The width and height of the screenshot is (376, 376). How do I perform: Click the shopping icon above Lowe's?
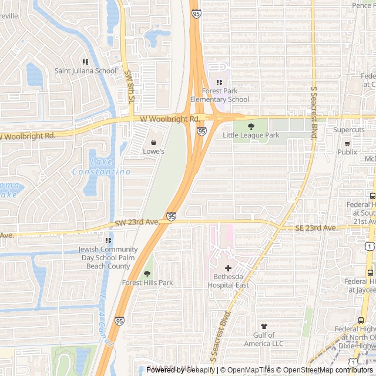154,142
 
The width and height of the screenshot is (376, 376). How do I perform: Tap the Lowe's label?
154,152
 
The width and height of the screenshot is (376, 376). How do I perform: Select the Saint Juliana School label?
85,71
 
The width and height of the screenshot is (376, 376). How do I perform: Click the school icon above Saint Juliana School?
85,62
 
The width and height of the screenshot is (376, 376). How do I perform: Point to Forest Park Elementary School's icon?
220,82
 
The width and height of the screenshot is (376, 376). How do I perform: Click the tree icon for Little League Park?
251,126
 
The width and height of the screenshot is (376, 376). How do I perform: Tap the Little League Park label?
251,135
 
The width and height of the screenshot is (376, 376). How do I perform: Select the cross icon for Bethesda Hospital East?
228,268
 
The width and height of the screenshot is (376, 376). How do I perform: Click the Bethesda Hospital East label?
228,281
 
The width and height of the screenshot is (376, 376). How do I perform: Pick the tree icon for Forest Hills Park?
147,274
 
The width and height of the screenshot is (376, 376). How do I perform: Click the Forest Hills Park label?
147,283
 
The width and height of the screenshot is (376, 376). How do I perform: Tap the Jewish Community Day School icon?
108,240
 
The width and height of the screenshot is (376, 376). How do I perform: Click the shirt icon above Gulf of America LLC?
263,326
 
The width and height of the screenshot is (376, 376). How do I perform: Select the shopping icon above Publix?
347,143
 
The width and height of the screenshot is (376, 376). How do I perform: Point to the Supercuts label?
349,130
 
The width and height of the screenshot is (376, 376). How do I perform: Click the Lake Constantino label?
101,167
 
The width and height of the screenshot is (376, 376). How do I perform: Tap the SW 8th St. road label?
129,88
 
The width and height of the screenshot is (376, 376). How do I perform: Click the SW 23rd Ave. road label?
137,223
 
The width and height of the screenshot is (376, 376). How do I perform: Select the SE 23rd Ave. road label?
316,228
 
